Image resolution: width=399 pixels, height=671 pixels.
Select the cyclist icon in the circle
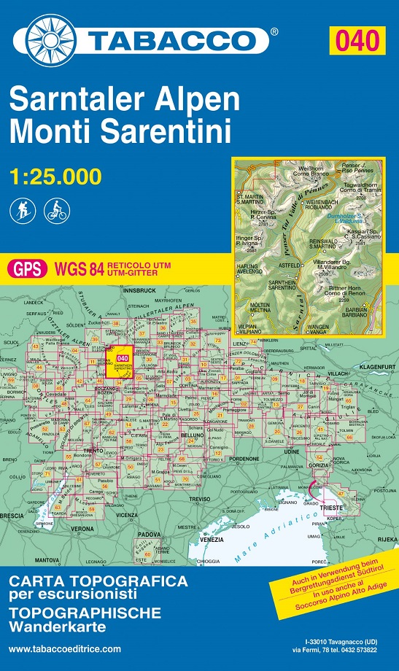[55, 212]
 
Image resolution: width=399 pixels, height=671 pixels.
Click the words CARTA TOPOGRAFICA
[98, 581]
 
